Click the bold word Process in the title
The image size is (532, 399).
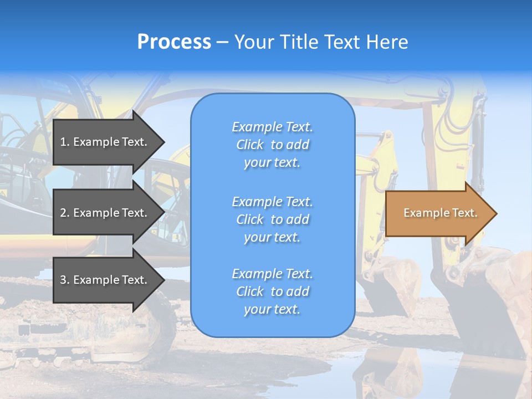174,42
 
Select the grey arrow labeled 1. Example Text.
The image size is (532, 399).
105,142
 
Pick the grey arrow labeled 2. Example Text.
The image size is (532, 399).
105,213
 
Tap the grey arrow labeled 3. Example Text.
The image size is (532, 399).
105,280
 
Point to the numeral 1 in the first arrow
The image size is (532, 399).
63,142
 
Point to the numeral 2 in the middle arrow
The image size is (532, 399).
63,213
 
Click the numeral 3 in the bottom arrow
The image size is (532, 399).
63,280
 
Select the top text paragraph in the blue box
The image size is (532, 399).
273,145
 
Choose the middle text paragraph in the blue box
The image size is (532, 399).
273,219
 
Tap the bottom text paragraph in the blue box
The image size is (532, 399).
273,291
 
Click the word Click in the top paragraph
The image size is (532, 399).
249,145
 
